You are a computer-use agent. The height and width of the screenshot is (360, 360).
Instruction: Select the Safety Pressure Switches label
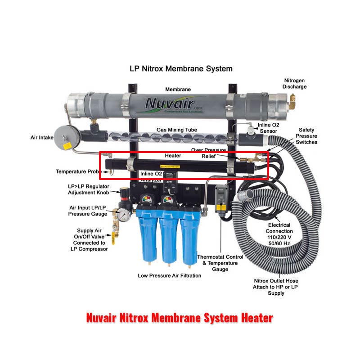click(306, 136)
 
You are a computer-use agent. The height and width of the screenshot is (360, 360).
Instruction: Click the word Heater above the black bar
click(173, 156)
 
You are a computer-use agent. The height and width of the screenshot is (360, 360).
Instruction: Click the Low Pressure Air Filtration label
click(169, 275)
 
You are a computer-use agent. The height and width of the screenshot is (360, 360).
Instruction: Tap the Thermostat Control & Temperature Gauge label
click(220, 263)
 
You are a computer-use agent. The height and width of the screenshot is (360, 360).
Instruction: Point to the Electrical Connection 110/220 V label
click(279, 234)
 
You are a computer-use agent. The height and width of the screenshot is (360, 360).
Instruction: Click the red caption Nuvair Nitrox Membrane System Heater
click(179, 318)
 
